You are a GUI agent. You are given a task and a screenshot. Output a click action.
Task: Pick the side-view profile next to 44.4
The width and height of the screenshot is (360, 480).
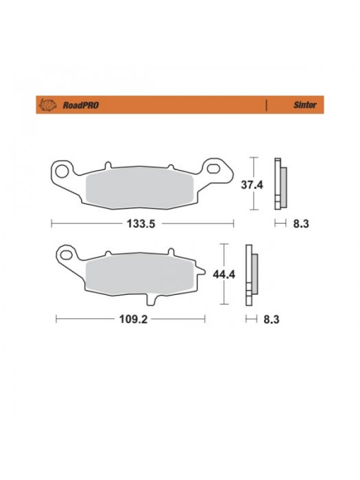coord(251,274)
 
